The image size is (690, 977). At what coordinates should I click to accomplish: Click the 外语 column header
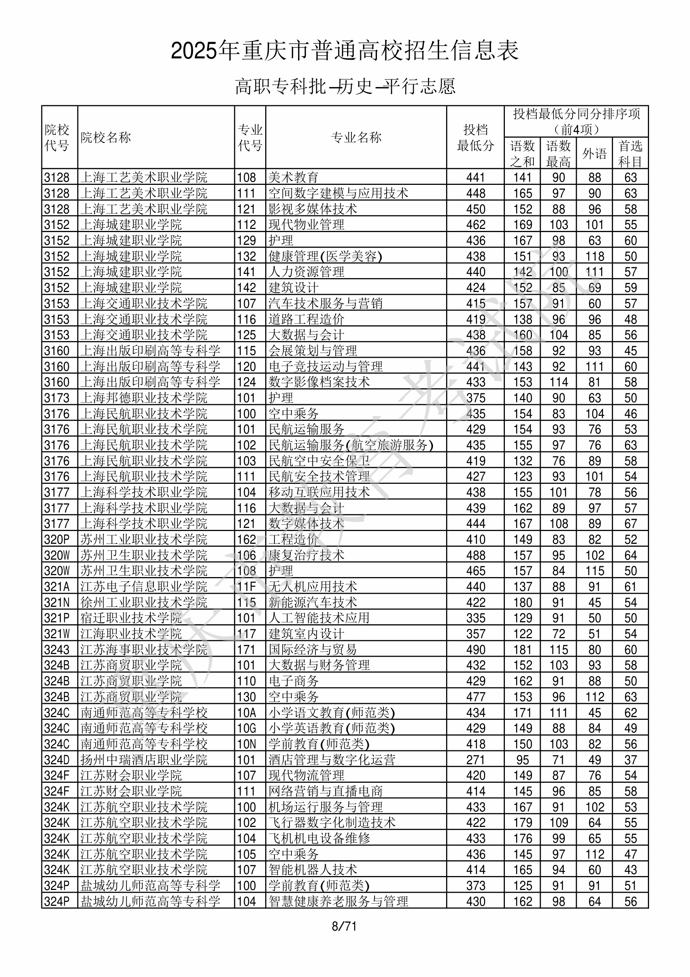[x=594, y=154]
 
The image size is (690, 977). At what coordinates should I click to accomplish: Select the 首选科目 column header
[x=630, y=154]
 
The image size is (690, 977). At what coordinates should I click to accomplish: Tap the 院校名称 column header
[x=106, y=137]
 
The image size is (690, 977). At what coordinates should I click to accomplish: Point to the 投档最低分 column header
[x=475, y=137]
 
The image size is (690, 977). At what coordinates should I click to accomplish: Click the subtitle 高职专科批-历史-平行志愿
[x=345, y=86]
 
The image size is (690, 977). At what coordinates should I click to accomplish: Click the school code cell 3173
[x=56, y=398]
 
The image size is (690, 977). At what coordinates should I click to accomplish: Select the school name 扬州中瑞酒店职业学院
[x=144, y=760]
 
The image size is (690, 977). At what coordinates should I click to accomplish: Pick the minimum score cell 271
[x=475, y=760]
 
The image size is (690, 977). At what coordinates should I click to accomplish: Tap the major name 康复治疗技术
[x=306, y=555]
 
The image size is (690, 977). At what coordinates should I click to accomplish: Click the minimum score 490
[x=475, y=650]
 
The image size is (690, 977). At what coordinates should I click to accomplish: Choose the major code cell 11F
[x=247, y=587]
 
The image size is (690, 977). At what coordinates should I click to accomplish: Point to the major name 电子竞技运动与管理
[x=325, y=366]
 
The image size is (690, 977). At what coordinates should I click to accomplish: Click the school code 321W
[x=56, y=634]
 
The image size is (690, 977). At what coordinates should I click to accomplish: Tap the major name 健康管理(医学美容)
[x=325, y=256]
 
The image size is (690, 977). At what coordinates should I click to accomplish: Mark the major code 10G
[x=247, y=728]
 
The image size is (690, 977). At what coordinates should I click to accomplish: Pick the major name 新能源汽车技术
[x=313, y=602]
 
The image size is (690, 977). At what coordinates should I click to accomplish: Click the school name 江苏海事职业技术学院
[x=144, y=650]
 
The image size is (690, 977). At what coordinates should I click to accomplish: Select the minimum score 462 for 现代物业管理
[x=475, y=225]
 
